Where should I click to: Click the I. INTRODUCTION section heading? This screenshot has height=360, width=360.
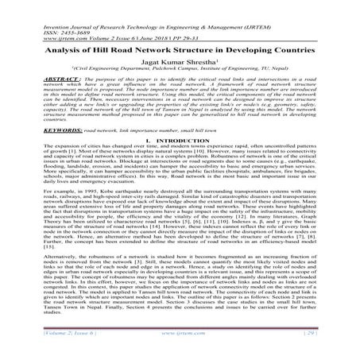click(x=180, y=141)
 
